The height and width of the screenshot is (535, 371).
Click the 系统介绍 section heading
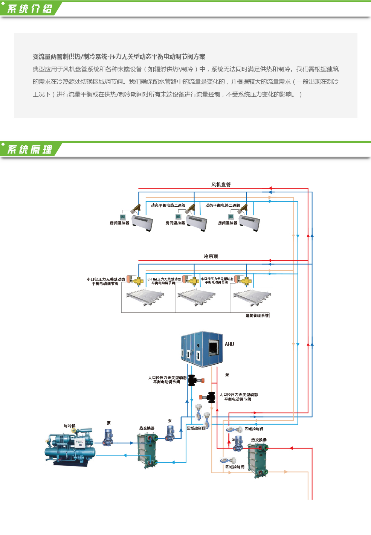tap(30, 9)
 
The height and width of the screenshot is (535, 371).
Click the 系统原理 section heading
tap(30, 149)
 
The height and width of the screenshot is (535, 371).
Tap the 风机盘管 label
tap(221, 184)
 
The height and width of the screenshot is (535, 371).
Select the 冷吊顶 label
tap(211, 256)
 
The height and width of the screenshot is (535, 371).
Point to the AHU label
tap(229, 344)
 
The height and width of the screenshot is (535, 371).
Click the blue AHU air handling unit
tap(202, 349)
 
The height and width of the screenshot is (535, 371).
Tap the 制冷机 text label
tap(70, 426)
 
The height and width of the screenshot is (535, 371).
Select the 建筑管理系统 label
tap(257, 316)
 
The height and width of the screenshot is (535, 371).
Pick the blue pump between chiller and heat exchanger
tap(108, 437)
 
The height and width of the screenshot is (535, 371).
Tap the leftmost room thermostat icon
tap(123, 217)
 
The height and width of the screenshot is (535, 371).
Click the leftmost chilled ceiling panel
tap(145, 297)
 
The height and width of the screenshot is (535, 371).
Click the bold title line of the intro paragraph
tap(119, 57)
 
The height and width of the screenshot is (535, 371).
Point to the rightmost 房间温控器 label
tap(228, 223)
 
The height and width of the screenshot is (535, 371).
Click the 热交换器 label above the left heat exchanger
tap(147, 428)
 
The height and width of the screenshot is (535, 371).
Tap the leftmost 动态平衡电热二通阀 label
tap(168, 205)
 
